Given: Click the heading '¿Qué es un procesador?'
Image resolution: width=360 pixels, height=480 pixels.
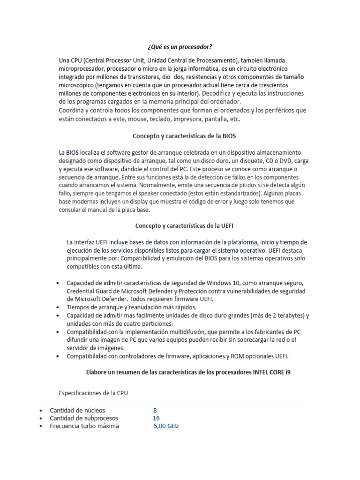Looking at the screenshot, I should [x=180, y=47].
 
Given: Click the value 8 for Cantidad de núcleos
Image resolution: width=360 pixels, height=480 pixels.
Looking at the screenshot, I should [x=155, y=410].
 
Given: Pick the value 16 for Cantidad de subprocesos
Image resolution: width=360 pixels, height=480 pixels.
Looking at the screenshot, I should [x=156, y=418].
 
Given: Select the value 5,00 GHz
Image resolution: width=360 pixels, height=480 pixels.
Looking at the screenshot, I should [x=166, y=426].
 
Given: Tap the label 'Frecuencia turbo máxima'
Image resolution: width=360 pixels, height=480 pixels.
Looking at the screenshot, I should [x=84, y=426].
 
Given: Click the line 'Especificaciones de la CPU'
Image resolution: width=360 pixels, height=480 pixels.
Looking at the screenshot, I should [x=93, y=393].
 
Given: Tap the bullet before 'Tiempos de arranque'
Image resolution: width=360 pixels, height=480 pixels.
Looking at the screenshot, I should [x=57, y=307].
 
